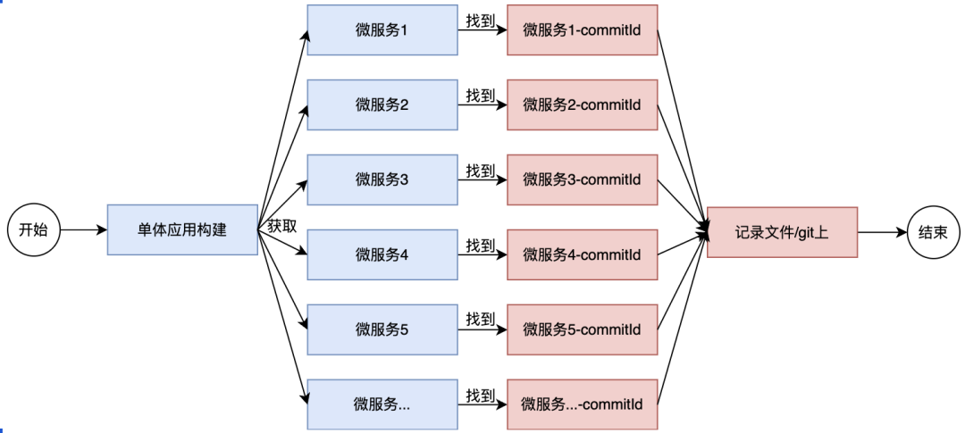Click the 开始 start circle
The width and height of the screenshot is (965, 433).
(33, 230)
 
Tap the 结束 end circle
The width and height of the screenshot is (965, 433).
(934, 232)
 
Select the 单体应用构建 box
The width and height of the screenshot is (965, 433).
(182, 230)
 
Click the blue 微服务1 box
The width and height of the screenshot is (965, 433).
(382, 30)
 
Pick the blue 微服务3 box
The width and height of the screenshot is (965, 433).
(382, 179)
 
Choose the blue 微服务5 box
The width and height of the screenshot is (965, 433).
(382, 329)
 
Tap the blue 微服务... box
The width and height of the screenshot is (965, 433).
(382, 404)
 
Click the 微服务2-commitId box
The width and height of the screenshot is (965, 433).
(583, 104)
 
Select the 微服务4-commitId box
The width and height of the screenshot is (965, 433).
(583, 254)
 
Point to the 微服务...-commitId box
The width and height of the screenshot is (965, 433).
(583, 404)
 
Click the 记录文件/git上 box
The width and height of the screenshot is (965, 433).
(782, 232)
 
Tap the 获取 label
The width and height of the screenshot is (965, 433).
(282, 226)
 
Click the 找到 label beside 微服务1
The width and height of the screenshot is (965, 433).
(481, 21)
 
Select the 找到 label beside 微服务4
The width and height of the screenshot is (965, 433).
(481, 246)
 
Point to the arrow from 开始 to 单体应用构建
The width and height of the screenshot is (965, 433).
(83, 230)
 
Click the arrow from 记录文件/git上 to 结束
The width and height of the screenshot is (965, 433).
(883, 232)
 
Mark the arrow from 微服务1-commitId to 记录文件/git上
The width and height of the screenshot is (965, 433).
(683, 131)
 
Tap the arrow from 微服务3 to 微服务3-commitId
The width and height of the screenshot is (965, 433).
(482, 179)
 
